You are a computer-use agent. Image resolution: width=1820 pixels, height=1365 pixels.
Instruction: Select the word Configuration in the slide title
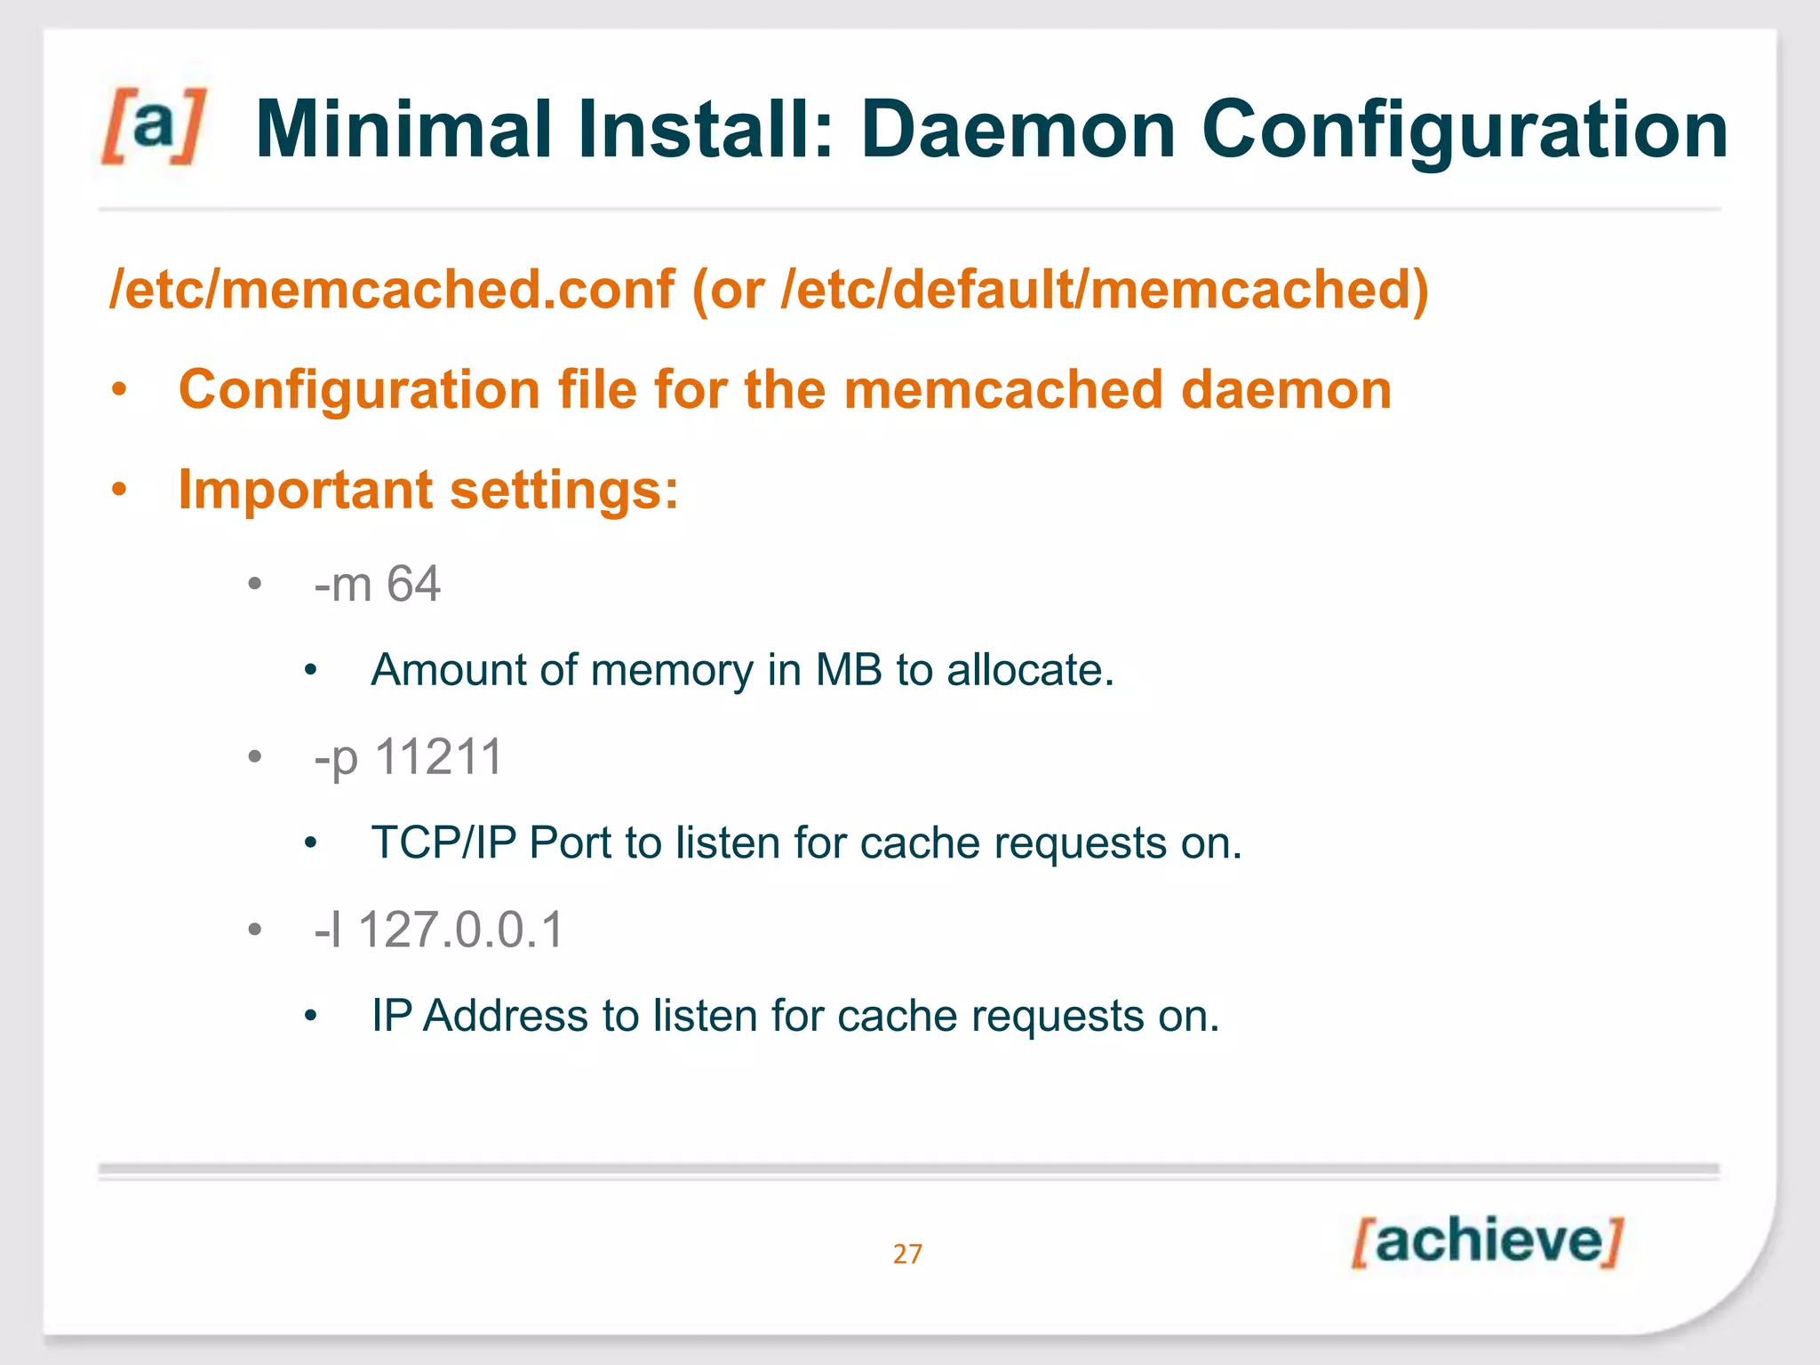tap(1465, 132)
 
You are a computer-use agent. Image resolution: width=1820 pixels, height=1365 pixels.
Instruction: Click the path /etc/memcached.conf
tap(392, 290)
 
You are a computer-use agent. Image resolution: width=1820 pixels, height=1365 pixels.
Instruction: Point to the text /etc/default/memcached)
tap(1105, 290)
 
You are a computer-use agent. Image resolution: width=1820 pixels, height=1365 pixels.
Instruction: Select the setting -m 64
tap(377, 585)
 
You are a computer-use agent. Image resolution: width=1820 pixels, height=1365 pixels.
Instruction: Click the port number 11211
tap(439, 757)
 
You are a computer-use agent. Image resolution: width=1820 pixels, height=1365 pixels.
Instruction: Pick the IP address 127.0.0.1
tap(461, 930)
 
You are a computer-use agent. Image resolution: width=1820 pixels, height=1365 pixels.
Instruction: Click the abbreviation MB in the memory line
tap(849, 670)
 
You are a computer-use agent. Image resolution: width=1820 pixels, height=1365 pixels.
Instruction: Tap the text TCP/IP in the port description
tap(443, 842)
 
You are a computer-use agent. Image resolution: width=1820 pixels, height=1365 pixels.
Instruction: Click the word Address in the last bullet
tap(505, 1016)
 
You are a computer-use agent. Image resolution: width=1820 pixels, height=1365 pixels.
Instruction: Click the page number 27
tap(907, 1254)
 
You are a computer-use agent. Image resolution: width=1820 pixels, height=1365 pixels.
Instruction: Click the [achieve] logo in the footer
tap(1488, 1241)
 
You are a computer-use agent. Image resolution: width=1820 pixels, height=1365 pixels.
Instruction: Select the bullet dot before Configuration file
tap(120, 390)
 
